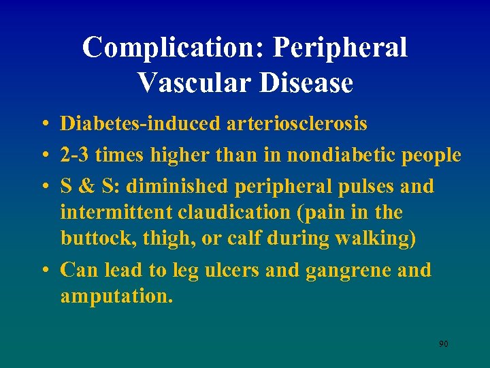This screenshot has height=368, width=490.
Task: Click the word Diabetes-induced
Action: pyautogui.click(x=140, y=123)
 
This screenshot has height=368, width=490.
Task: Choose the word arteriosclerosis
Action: pyautogui.click(x=296, y=123)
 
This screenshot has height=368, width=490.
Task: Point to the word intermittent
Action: pyautogui.click(x=116, y=213)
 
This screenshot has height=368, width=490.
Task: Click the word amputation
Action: pyautogui.click(x=115, y=297)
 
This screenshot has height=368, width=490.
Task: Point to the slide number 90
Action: pyautogui.click(x=443, y=344)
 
